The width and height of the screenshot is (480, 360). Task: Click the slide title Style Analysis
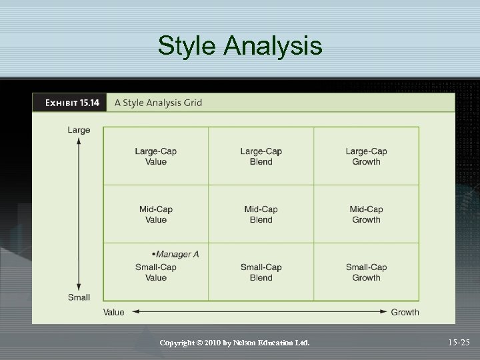[x=240, y=46]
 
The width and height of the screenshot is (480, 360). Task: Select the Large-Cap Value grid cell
[x=156, y=156]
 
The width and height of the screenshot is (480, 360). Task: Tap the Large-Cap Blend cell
[x=261, y=156]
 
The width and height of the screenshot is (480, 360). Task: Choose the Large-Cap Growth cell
[x=366, y=156]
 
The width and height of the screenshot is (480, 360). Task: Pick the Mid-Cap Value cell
[x=156, y=214]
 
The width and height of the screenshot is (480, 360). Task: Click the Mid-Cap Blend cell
[x=261, y=214]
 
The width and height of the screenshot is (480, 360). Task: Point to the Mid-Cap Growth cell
[x=366, y=214]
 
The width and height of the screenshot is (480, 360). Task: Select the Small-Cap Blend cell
[x=261, y=272]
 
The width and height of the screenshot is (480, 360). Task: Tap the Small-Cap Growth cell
[x=366, y=272]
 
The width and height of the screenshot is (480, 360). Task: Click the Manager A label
[x=176, y=254]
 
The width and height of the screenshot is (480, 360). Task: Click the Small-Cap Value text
[x=156, y=272]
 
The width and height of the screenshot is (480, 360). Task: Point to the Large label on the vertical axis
[x=79, y=130]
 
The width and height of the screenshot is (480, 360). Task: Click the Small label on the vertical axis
[x=79, y=297]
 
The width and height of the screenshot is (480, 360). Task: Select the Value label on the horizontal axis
[x=113, y=312]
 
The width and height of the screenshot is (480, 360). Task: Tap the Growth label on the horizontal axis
[x=405, y=312]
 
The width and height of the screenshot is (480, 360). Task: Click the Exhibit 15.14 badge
[x=71, y=103]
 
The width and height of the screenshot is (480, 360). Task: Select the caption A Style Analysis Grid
[x=158, y=103]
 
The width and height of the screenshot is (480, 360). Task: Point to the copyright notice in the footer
[x=235, y=343]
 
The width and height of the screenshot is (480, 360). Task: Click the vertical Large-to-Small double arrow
[x=79, y=213]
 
